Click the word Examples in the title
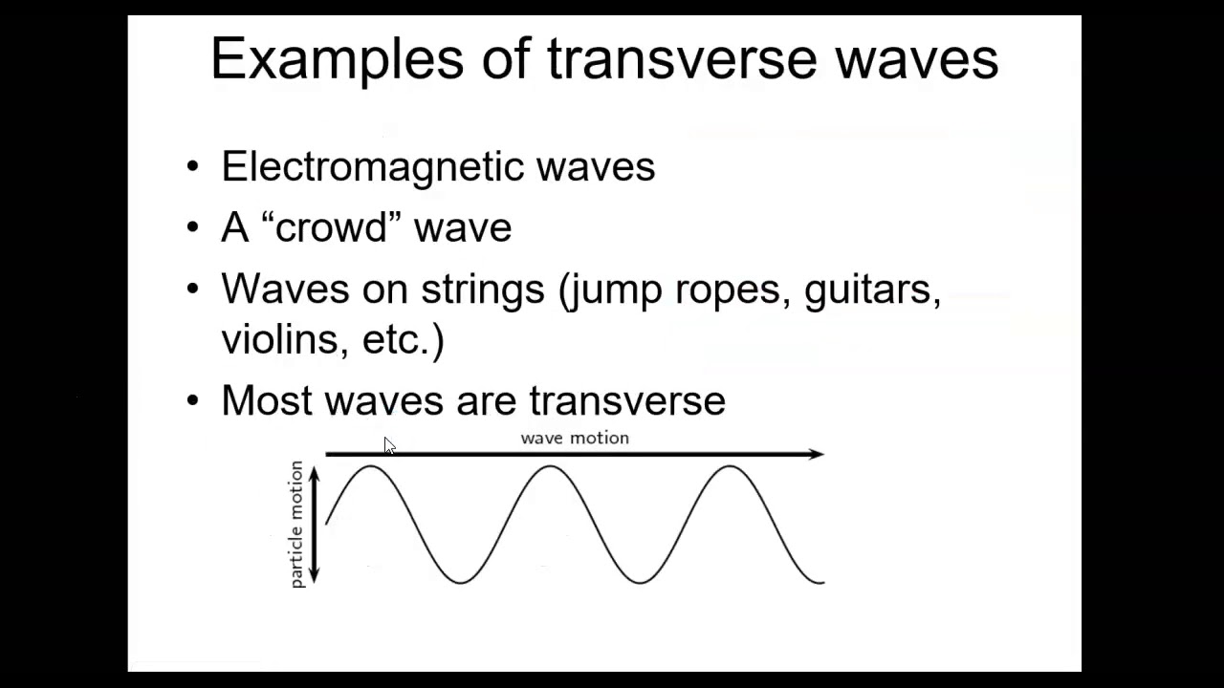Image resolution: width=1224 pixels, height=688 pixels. coord(335,59)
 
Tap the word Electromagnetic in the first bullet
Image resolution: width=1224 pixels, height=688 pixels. coord(373,167)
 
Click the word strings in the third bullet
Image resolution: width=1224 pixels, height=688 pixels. coord(482,289)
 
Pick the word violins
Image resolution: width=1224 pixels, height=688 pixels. coord(284,339)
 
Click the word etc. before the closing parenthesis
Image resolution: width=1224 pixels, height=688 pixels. coord(396,339)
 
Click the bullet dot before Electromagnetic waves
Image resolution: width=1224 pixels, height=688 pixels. coord(194,167)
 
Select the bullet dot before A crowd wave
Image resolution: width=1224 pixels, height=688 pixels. coord(194,227)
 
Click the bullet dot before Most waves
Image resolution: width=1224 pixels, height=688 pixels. coord(194,400)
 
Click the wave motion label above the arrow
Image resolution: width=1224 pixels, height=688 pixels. coord(575,438)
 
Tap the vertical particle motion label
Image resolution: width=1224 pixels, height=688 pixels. coord(295,524)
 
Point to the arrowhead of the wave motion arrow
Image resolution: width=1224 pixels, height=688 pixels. coord(816,454)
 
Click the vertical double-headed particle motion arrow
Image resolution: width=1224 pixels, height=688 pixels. coord(314,524)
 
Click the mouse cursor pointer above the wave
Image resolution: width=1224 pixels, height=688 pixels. coord(389,446)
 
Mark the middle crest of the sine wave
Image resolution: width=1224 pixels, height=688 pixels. coord(550,467)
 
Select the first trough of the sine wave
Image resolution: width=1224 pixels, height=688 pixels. coord(460,581)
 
